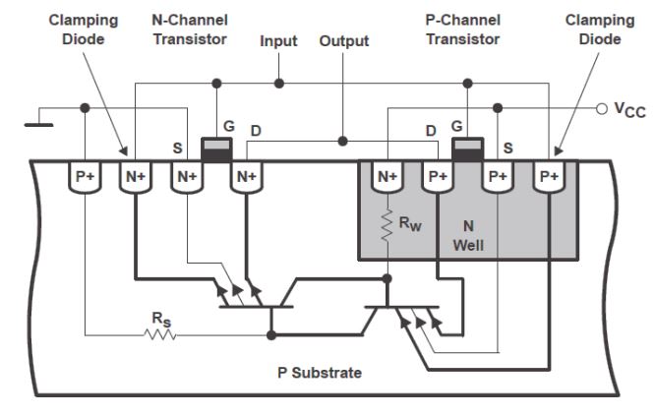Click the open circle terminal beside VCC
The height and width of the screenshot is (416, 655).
click(x=602, y=109)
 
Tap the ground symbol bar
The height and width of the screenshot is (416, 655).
click(x=39, y=125)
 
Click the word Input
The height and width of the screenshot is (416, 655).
click(x=278, y=41)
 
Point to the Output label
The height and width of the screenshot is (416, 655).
click(x=344, y=41)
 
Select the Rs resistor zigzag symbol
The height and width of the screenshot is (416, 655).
click(x=160, y=334)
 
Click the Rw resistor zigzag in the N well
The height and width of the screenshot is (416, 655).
click(x=387, y=225)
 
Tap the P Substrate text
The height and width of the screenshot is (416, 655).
click(x=320, y=373)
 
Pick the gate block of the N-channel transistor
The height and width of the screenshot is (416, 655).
click(x=216, y=149)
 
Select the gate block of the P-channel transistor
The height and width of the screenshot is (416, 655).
click(x=468, y=149)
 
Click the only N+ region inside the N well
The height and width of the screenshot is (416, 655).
click(x=387, y=177)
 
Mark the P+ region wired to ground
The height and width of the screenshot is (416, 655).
click(x=85, y=177)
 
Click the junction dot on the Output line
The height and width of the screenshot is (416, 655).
click(x=342, y=142)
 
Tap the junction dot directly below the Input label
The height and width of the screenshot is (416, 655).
click(x=279, y=84)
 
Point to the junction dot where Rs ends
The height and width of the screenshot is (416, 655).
click(x=271, y=335)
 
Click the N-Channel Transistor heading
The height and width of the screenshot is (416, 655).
click(x=190, y=30)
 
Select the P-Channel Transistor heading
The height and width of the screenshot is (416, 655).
click(x=463, y=30)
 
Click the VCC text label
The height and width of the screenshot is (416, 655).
click(x=630, y=110)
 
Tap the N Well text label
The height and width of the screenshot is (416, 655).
click(x=468, y=236)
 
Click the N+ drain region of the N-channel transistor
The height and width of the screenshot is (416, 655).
click(x=247, y=177)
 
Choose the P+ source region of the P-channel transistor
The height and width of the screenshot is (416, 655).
click(x=498, y=177)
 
